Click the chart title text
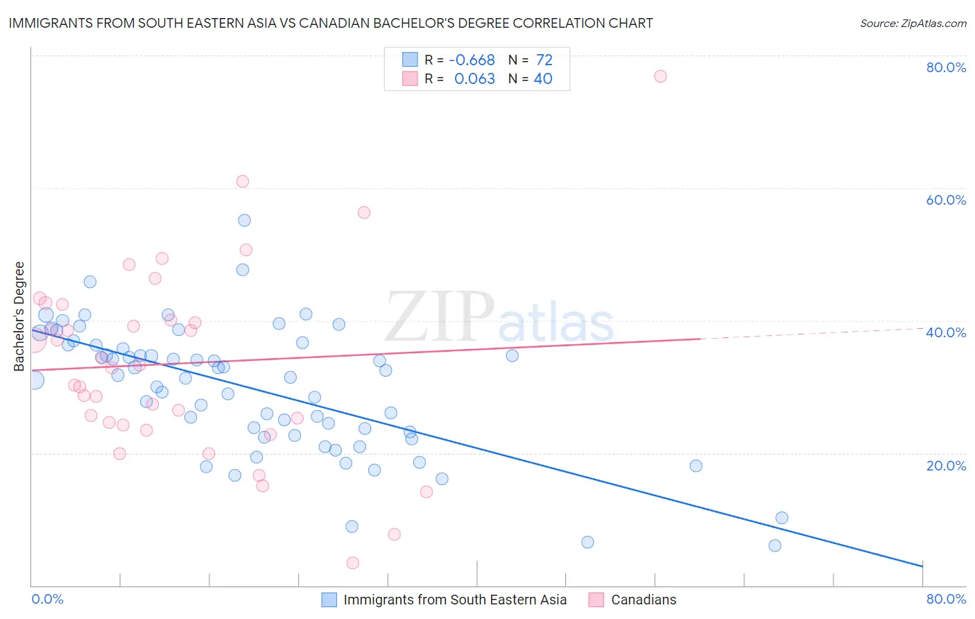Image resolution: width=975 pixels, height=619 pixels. (331, 24)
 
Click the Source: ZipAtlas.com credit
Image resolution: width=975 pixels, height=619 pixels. (913, 24)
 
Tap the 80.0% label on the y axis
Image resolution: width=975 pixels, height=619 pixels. (946, 67)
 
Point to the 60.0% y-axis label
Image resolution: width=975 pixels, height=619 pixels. (946, 200)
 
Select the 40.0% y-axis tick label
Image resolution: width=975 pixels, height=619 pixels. (946, 332)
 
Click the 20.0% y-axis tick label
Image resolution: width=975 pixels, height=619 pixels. (946, 466)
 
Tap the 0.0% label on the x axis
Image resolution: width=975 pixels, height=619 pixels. (47, 599)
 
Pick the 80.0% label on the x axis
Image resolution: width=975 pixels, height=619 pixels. (946, 599)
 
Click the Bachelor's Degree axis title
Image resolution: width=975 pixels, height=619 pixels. (19, 316)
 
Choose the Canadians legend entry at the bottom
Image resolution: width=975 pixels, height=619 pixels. (643, 600)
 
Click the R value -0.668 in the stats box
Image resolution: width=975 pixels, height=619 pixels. (472, 60)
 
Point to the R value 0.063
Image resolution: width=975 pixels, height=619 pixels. (474, 79)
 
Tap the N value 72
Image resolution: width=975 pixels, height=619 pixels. (544, 60)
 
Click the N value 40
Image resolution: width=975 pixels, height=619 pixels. (543, 79)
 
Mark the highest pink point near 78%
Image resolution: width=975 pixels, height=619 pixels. (660, 76)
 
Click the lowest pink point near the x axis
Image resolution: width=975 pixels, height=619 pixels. (352, 563)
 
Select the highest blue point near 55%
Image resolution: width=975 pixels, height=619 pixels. (244, 221)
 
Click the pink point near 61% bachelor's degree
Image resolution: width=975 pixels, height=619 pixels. (243, 181)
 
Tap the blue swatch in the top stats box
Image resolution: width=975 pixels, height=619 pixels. (410, 60)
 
